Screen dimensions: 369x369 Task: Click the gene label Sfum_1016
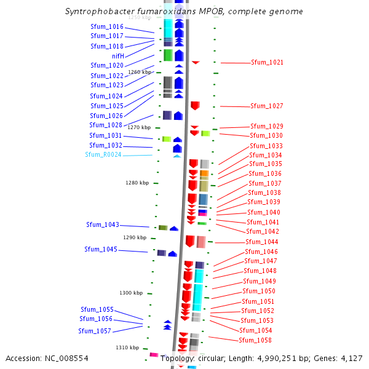107,27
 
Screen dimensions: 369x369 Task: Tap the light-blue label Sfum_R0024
103,155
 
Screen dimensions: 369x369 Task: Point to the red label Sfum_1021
267,63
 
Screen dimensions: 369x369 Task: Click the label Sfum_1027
267,106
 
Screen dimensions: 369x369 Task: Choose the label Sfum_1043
103,225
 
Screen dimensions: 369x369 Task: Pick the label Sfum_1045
101,250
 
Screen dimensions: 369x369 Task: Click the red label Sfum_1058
255,341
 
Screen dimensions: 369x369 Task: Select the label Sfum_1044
262,242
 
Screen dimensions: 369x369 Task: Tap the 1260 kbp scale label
140,72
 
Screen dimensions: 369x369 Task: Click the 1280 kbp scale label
137,183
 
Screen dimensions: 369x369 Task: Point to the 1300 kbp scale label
131,293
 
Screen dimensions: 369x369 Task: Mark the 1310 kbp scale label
127,348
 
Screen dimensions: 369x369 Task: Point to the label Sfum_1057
95,331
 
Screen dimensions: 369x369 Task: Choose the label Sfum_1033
266,146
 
